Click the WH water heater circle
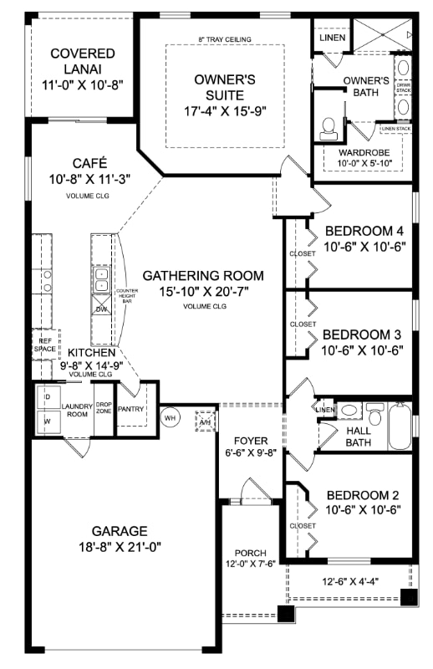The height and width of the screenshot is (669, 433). (171, 417)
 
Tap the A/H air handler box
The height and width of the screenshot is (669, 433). (203, 420)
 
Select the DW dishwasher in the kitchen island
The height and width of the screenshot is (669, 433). (101, 309)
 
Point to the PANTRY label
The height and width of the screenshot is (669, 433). (131, 409)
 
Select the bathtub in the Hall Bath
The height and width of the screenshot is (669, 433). (400, 426)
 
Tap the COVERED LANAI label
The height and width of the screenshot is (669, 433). (82, 61)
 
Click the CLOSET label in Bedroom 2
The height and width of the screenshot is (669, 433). (302, 526)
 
